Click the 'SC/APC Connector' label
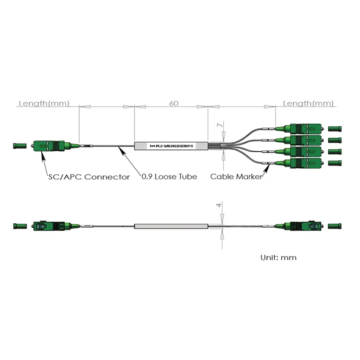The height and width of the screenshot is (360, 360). point(89,177)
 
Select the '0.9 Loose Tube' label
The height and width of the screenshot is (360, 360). point(169,177)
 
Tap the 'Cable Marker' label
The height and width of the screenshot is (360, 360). point(236,177)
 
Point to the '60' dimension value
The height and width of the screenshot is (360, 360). point(174,103)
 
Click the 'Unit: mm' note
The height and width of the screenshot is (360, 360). point(279,258)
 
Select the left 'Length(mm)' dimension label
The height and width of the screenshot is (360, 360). point(44,103)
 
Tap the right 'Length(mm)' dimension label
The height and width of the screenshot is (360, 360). point(308,103)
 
